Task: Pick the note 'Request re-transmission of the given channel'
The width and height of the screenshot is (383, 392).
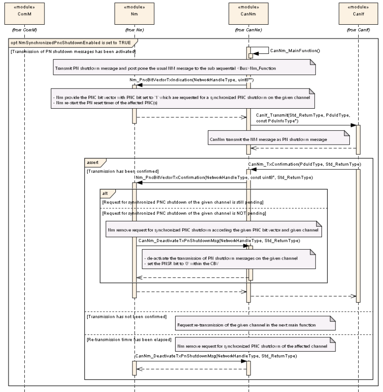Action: pyautogui.click(x=254, y=324)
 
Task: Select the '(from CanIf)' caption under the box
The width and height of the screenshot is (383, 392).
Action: pyautogui.click(x=358, y=30)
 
